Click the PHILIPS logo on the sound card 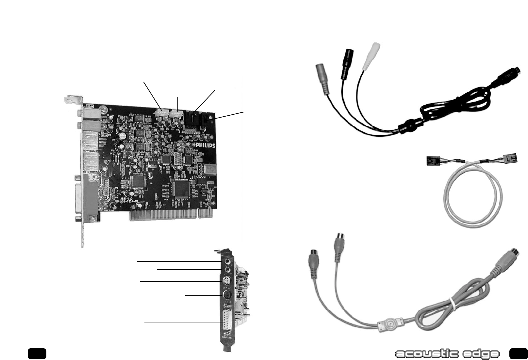(205, 145)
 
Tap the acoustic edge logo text (447, 354)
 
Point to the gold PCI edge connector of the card (170, 215)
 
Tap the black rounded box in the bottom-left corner (37, 353)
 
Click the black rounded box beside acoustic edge (518, 353)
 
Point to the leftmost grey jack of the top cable (322, 78)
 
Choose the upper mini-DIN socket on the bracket (226, 281)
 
